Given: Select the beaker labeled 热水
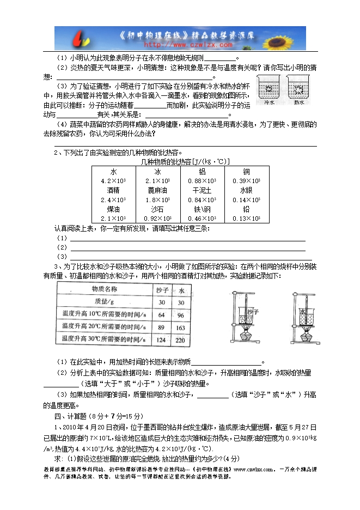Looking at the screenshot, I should [x=298, y=89].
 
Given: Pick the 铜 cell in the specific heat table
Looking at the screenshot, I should [x=246, y=171].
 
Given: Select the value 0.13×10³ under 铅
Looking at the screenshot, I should [x=246, y=218].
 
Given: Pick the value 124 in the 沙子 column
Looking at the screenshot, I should [x=161, y=340].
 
